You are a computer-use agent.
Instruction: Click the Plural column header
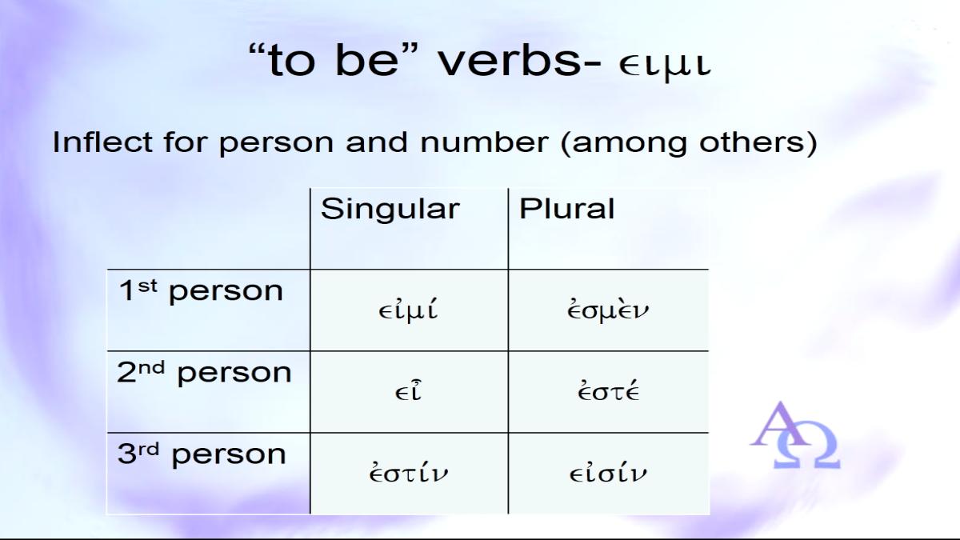(566, 209)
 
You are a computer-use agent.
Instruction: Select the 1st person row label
(201, 291)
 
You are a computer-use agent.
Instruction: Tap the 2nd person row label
(204, 374)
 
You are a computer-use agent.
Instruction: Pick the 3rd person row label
(202, 454)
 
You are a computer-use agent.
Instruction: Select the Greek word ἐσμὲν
(608, 310)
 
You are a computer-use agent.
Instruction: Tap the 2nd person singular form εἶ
(408, 391)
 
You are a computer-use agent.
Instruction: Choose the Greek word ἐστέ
(608, 390)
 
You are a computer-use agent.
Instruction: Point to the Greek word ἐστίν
(408, 472)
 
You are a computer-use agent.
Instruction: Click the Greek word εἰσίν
(608, 472)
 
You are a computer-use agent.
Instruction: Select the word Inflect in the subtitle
(102, 142)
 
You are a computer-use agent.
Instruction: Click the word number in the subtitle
(484, 142)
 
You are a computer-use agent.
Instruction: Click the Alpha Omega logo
(795, 434)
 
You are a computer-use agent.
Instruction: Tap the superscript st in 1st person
(147, 286)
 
